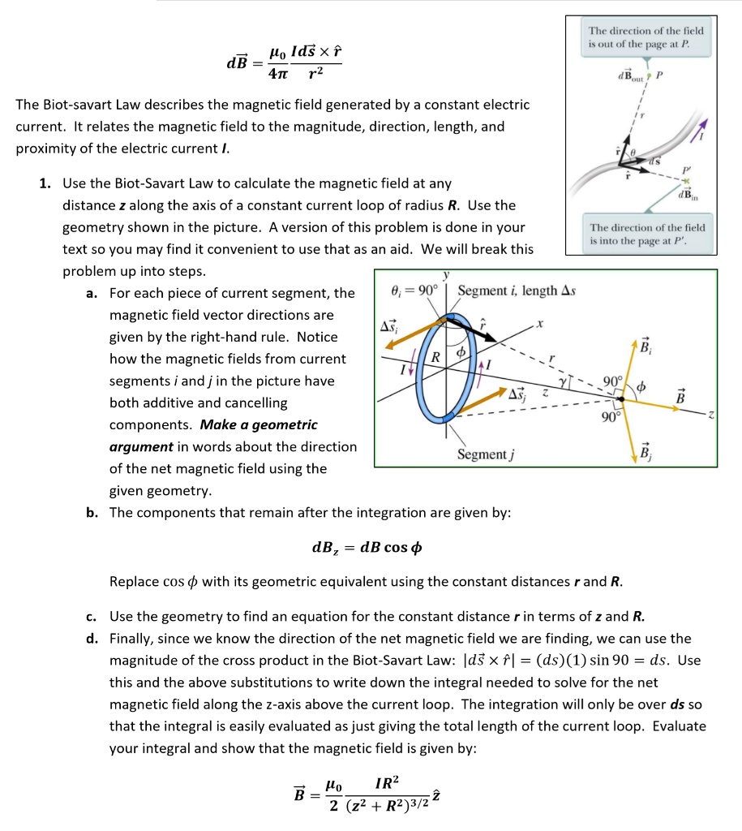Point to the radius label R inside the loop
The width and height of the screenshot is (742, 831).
pyautogui.click(x=435, y=356)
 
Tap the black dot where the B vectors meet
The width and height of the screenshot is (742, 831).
pyautogui.click(x=620, y=399)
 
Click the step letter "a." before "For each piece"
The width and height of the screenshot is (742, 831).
pyautogui.click(x=92, y=293)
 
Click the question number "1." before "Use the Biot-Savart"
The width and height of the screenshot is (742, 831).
pyautogui.click(x=46, y=183)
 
